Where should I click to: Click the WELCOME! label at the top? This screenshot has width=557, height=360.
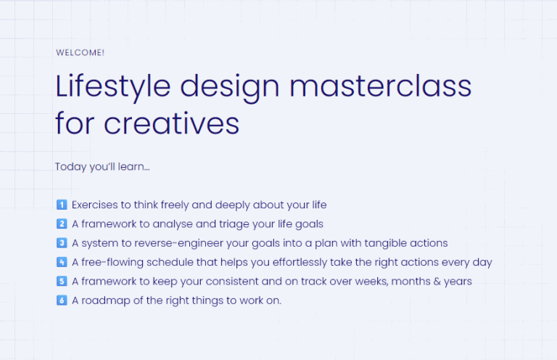[80, 52]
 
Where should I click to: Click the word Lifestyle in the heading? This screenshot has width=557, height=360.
[112, 86]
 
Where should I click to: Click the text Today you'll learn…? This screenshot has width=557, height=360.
[102, 166]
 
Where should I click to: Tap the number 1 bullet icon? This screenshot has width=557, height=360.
[61, 205]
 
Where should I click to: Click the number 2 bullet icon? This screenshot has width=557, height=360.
[61, 224]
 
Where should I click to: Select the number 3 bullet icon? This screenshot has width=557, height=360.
[61, 242]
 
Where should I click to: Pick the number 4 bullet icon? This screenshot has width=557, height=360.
[61, 262]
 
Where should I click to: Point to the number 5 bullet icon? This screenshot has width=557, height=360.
[61, 281]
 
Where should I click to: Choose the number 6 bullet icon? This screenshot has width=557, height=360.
[61, 300]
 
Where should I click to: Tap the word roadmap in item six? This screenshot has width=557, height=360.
[107, 300]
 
